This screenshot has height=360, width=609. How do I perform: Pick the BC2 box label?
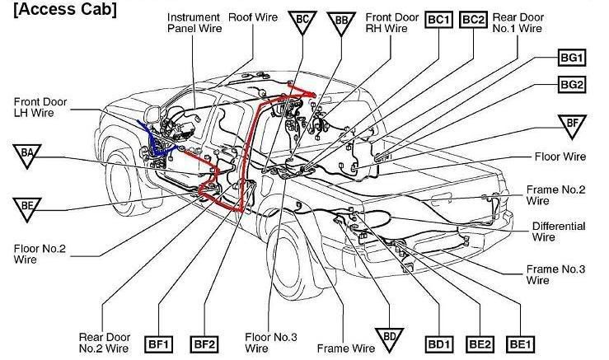tap(475, 19)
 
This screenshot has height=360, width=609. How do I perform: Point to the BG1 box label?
tap(572, 58)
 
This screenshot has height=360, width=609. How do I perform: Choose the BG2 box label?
tap(572, 84)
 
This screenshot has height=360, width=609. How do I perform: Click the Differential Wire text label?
tap(558, 231)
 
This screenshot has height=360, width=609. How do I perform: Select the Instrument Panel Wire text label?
tap(195, 22)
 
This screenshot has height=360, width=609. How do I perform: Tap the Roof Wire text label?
tap(252, 16)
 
